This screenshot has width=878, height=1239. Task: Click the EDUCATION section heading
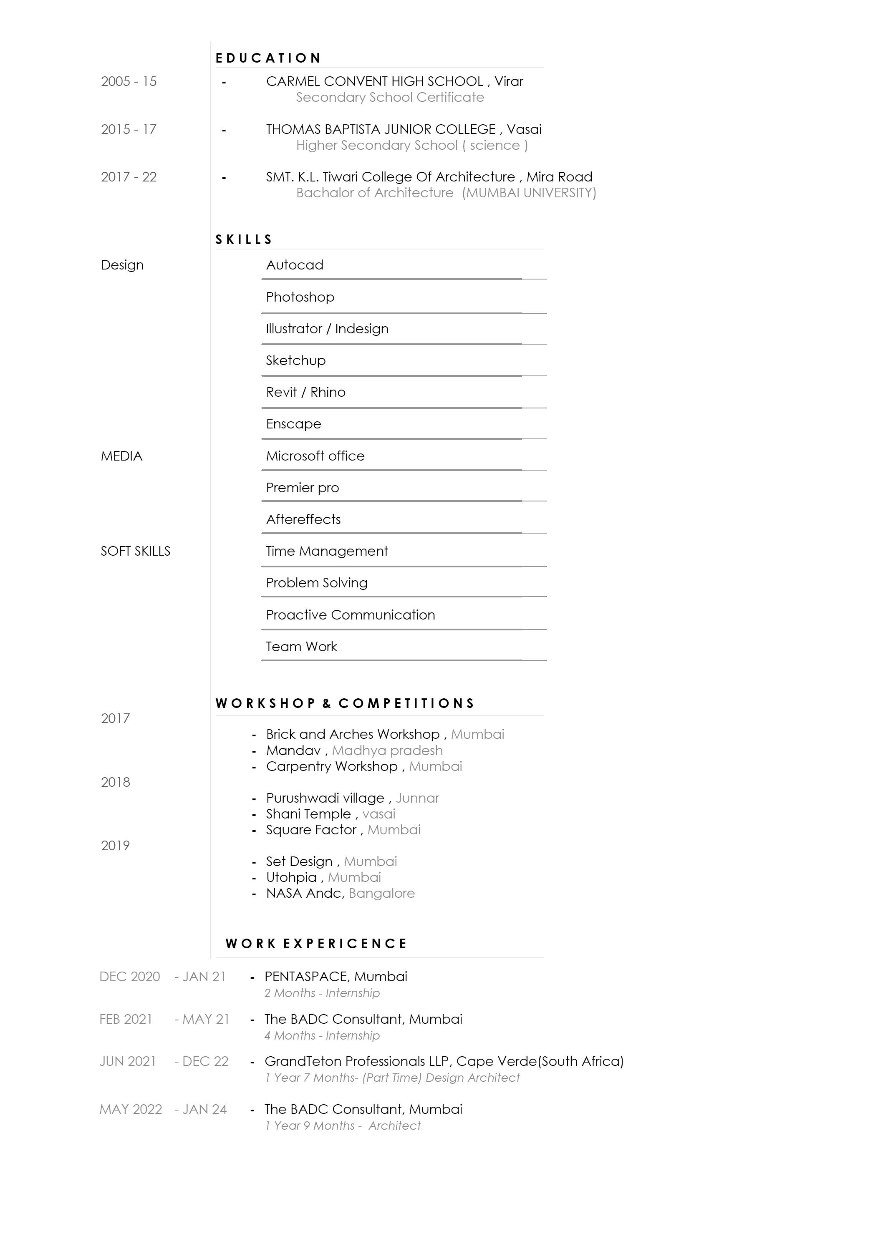tap(268, 58)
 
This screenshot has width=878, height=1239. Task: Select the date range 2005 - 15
tap(129, 82)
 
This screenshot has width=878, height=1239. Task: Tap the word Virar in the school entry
tap(509, 82)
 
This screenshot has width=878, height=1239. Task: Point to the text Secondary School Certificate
tap(390, 97)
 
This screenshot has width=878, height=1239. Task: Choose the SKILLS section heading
tap(244, 239)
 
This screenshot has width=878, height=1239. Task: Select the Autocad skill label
tap(295, 265)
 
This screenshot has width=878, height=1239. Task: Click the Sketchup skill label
tap(296, 360)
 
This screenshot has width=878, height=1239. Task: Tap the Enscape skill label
tap(293, 424)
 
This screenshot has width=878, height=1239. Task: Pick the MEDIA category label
tap(122, 456)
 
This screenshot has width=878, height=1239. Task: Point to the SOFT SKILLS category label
tap(135, 551)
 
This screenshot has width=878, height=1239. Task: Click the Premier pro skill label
tap(302, 488)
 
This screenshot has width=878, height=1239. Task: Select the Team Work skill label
tap(301, 647)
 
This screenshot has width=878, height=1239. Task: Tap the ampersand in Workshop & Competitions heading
tap(327, 703)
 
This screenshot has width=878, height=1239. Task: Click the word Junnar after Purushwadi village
tap(417, 798)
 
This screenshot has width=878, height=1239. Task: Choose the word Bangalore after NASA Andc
tap(382, 893)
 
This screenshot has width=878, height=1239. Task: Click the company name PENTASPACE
tap(306, 977)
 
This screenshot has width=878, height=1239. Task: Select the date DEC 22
tap(205, 1061)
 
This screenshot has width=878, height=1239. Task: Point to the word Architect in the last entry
tap(395, 1126)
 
